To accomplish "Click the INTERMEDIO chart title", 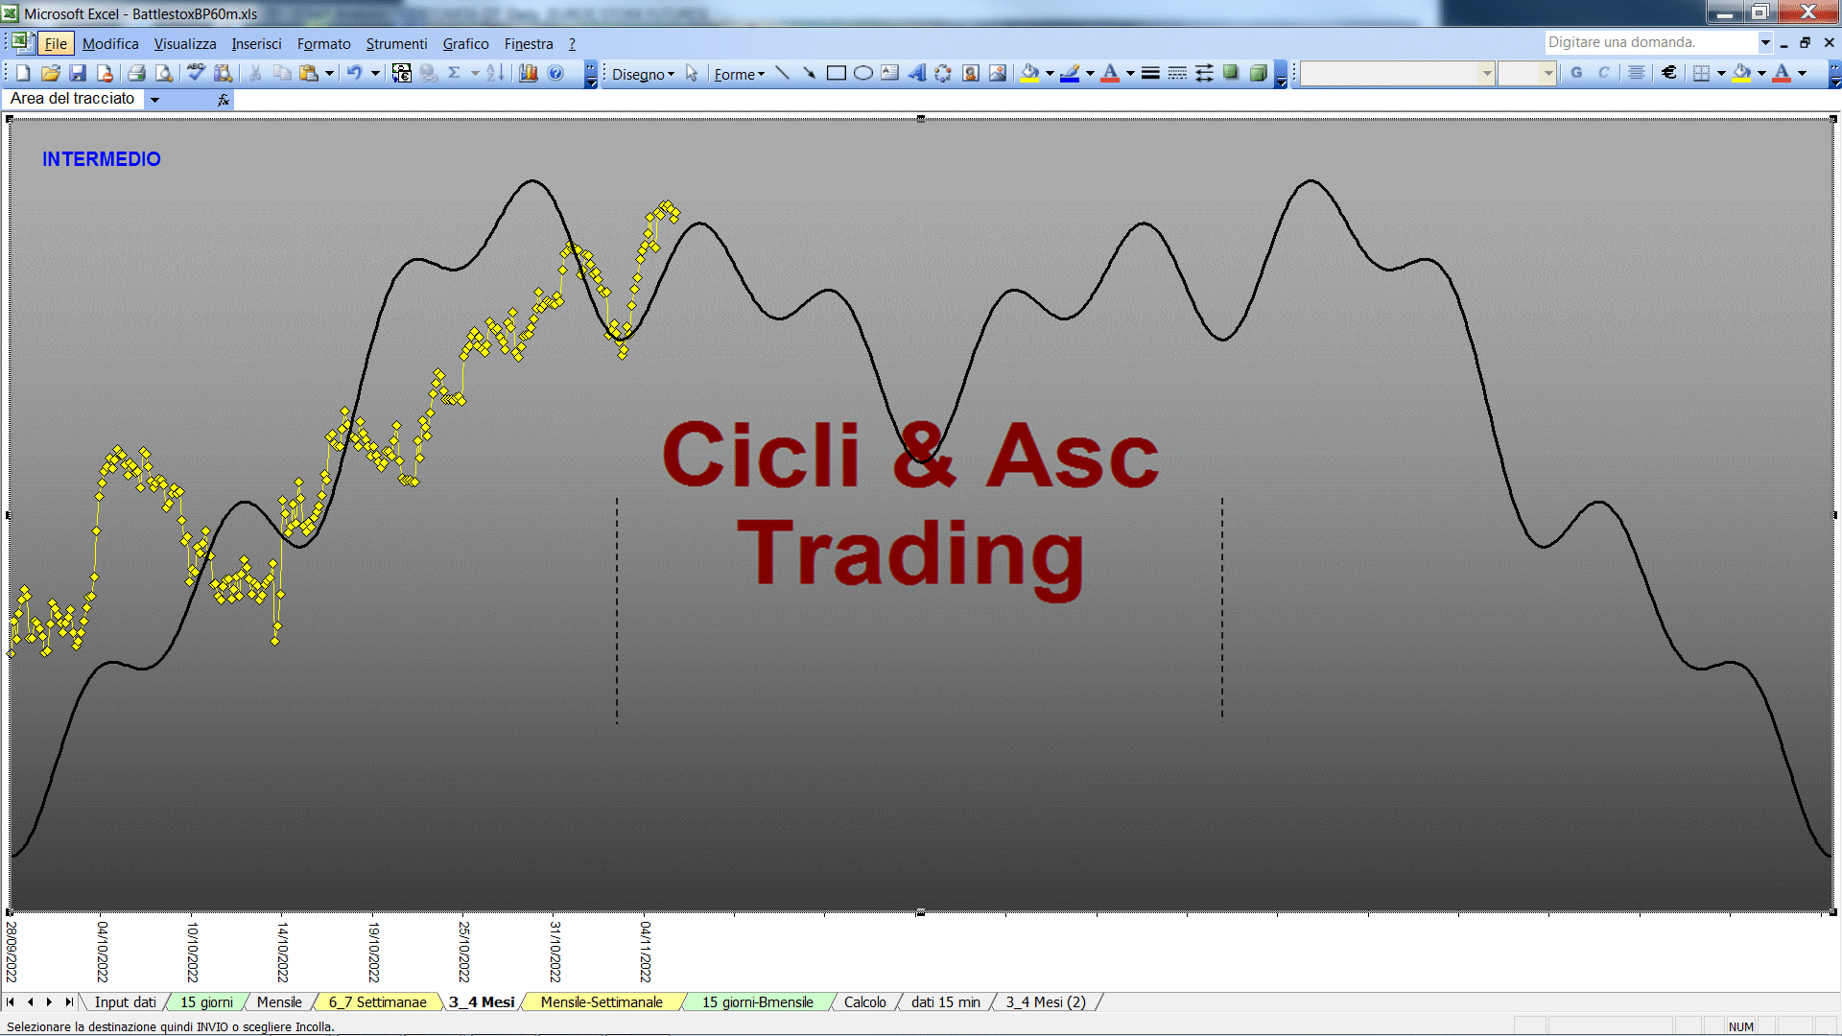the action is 101,159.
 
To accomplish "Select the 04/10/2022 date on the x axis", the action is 103,952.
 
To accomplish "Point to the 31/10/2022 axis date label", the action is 555,952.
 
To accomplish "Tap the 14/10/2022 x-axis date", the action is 283,952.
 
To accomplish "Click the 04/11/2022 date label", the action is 646,952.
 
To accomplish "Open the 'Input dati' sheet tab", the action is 125,1002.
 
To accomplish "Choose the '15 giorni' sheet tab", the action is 206,1002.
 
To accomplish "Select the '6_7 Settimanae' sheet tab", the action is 377,1002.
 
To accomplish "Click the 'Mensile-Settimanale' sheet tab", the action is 602,1002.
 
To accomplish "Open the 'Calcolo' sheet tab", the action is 864,1002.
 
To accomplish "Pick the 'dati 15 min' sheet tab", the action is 946,1002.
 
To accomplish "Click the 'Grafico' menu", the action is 465,44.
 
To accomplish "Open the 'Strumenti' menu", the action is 396,44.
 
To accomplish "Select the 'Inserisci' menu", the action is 256,44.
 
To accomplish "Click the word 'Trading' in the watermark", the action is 910,554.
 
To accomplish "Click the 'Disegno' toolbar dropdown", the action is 643,74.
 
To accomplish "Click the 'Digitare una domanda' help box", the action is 1650,42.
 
